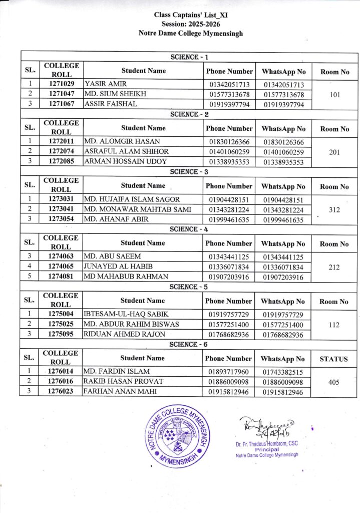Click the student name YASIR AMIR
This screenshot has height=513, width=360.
[106, 84]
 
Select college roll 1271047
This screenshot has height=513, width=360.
[62, 94]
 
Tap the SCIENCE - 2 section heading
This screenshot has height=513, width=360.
[190, 114]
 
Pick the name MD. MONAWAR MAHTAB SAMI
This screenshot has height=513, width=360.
[134, 209]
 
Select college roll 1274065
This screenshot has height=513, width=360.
[62, 267]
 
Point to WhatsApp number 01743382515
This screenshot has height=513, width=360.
[283, 371]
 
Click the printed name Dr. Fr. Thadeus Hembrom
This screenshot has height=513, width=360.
[266, 444]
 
